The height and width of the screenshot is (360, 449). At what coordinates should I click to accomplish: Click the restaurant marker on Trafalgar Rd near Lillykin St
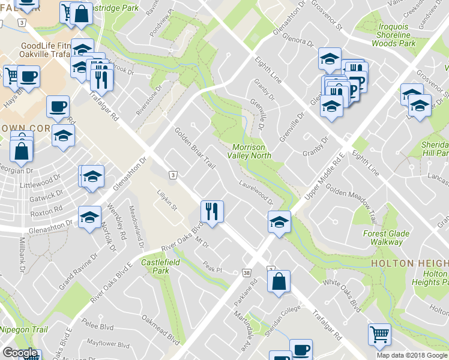(211, 211)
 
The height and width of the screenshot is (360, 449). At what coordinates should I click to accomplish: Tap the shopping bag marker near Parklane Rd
(279, 281)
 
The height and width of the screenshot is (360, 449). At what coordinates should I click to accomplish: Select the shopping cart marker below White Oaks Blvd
(379, 335)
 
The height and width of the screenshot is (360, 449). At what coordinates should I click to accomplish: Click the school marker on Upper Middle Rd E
(279, 222)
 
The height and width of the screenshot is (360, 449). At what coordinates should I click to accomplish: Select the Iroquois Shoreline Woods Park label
(394, 35)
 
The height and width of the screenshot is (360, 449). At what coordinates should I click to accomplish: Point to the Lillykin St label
(168, 200)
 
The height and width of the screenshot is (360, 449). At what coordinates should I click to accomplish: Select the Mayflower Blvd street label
(108, 346)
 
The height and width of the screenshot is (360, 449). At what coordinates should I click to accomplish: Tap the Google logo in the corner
(20, 353)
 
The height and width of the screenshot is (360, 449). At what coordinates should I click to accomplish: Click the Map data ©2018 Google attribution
(412, 355)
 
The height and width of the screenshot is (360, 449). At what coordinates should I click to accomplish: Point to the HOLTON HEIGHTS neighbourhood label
(409, 263)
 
